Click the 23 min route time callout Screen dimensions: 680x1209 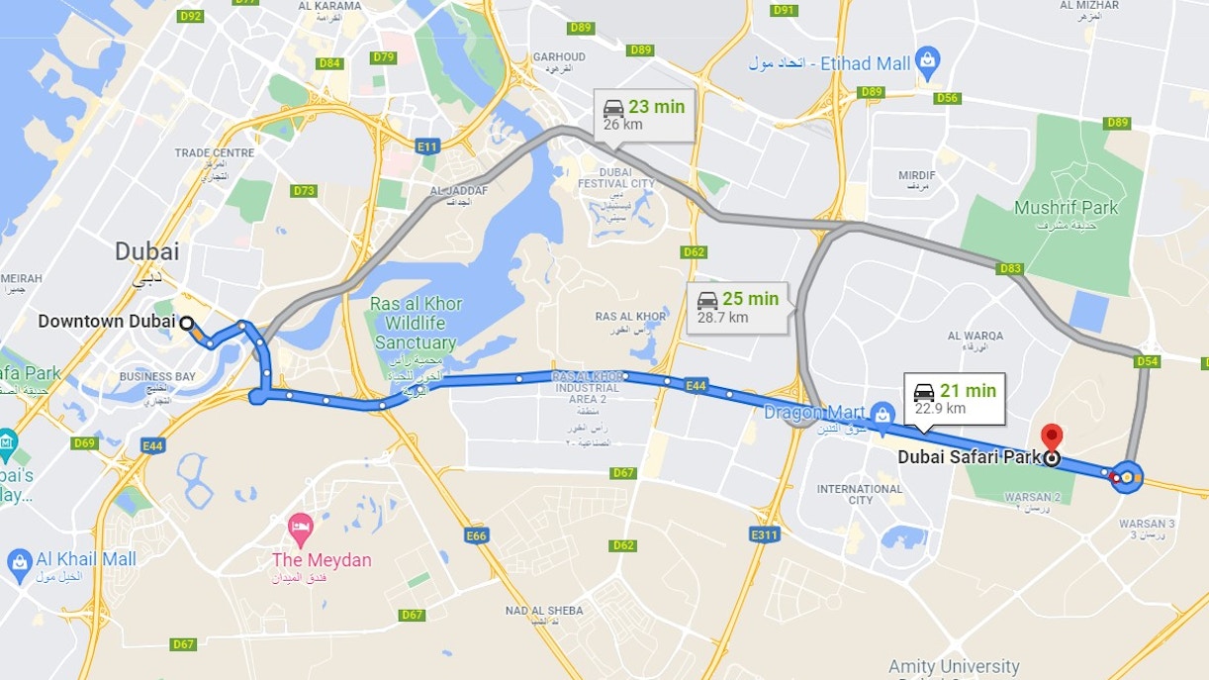coord(644,115)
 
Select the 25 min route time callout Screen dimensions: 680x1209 coord(737,307)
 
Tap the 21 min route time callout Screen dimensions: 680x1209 coord(955,399)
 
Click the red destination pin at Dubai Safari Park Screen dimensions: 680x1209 coord(1052,437)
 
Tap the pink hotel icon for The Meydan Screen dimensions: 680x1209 coord(300,526)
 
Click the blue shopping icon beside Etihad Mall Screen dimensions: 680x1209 coord(927,63)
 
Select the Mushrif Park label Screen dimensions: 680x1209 coord(1066,208)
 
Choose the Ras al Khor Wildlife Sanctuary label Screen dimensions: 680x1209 coord(416,323)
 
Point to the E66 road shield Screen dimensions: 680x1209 coord(476,535)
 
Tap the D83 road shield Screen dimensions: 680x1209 coord(1010,268)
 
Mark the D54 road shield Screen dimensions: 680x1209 coord(1147,361)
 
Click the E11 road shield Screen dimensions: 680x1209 coord(426,146)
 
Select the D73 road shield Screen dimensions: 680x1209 coord(304,191)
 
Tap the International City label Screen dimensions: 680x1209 coord(860,494)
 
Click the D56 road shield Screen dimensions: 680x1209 coord(947,98)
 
